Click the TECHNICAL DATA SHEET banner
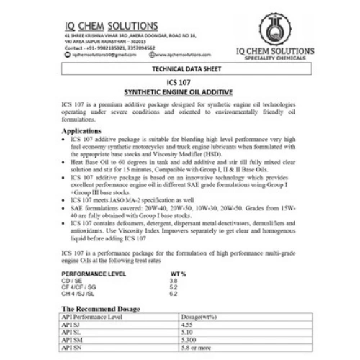coord(180,70)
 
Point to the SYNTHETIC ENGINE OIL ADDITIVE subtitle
coord(180,94)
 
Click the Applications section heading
coord(82,132)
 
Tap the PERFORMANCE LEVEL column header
coord(95,275)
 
